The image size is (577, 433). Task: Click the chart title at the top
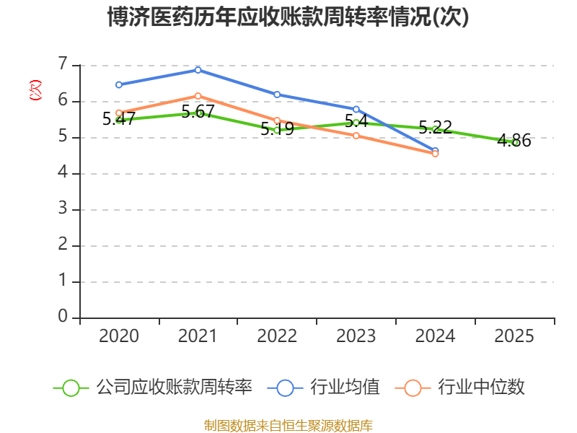click(x=288, y=17)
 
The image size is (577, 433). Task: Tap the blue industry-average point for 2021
click(x=198, y=69)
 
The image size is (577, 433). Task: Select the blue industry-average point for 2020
click(x=119, y=84)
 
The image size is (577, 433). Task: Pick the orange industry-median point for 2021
click(x=198, y=96)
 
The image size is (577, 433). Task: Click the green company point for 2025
click(x=515, y=142)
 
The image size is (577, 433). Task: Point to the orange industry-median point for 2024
click(x=435, y=154)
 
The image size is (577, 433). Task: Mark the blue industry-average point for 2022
click(x=277, y=95)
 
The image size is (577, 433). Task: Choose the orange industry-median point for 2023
click(x=356, y=136)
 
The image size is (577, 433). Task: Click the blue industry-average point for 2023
click(x=356, y=109)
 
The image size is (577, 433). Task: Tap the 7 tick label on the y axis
click(x=63, y=64)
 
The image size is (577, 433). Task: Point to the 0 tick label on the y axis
click(x=63, y=317)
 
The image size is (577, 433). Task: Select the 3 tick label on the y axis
click(x=63, y=209)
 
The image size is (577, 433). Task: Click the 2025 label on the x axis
click(x=515, y=336)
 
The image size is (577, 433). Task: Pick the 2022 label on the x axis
click(x=277, y=336)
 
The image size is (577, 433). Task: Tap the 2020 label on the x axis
click(x=119, y=336)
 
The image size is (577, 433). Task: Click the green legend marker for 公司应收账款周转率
click(x=71, y=388)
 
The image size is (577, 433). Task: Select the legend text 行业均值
click(x=345, y=388)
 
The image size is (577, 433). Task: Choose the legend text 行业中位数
click(x=482, y=388)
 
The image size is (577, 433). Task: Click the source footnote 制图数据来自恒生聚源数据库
click(x=288, y=425)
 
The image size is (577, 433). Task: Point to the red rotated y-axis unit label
click(x=35, y=90)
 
